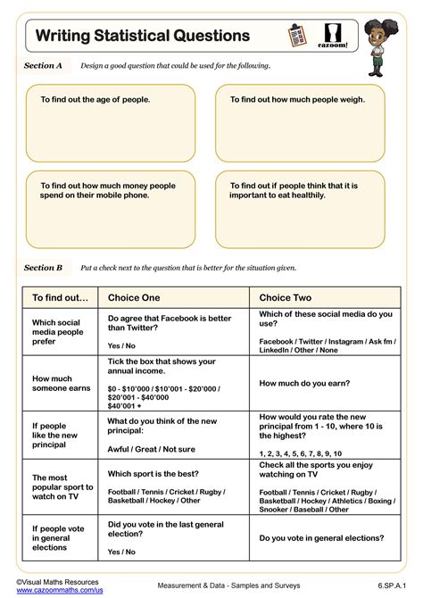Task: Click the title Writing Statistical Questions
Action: coord(143,36)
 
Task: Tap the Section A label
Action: coord(43,65)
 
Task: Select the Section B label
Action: coord(43,267)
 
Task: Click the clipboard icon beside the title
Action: coord(297,37)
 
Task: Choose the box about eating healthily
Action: coord(300,209)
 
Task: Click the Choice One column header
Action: coord(135,297)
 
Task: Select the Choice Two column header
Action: coord(286,297)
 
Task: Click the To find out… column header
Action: coord(61,297)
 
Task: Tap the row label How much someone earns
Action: coord(62,383)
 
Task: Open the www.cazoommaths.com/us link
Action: coord(59,590)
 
